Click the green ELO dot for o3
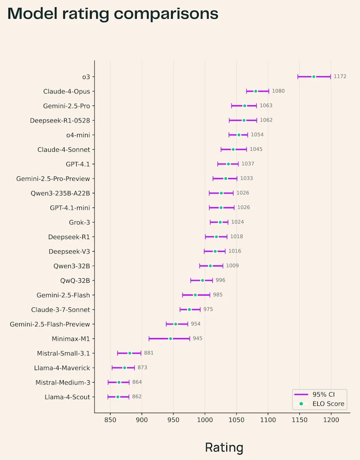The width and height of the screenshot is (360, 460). pos(314,77)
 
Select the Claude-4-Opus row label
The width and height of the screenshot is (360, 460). pos(66,91)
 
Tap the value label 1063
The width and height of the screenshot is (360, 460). pos(266,106)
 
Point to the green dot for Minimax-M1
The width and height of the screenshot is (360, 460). pos(170,338)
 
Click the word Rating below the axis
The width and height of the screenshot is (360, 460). pos(224,447)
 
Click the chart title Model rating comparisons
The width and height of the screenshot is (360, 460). pos(113,14)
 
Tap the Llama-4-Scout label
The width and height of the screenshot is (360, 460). pos(67,397)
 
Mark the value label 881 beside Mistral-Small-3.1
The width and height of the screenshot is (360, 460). pos(149,353)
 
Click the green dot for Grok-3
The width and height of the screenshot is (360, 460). pos(220,222)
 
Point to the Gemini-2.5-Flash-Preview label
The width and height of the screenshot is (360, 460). pos(50,324)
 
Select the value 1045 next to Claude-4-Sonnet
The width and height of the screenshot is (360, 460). pos(256,149)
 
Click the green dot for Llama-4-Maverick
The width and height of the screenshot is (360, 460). pos(125,368)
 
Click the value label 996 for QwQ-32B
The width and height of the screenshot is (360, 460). pos(221,280)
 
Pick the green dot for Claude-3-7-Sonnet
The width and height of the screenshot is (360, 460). pos(189,309)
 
